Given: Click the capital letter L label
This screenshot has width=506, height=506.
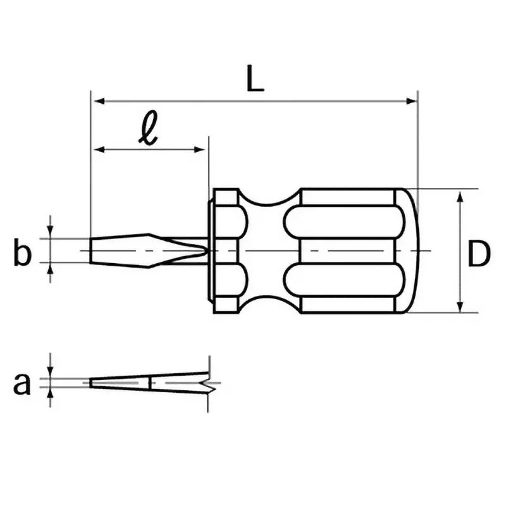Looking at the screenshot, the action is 255,78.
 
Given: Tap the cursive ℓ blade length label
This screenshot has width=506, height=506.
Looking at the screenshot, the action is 148,128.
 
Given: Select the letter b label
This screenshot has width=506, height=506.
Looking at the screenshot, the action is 23,251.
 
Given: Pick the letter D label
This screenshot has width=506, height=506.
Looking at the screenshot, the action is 479,254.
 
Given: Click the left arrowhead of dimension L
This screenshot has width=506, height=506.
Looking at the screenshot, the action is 99,101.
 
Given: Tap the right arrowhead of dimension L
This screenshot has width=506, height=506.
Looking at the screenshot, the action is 411,101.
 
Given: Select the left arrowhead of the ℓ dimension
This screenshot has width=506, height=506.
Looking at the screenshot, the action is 99,149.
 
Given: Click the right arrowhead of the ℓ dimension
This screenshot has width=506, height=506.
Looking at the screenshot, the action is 199,149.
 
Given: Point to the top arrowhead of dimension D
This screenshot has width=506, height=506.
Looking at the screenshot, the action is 460,197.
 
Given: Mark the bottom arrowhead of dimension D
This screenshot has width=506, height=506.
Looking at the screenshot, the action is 460,307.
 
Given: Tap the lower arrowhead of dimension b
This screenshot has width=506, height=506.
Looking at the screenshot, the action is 50,269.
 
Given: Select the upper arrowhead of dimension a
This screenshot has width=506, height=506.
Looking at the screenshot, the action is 50,371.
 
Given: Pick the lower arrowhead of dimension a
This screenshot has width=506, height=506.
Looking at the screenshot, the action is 50,393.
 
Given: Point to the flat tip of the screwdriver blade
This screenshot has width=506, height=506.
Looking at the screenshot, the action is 90,250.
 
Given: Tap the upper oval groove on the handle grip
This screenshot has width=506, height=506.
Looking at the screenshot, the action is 344,222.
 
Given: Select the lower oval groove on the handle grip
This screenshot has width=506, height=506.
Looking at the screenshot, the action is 344,280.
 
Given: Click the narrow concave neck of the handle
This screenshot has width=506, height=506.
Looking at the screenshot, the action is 269,250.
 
